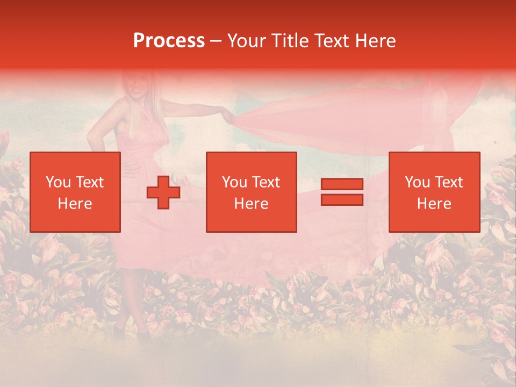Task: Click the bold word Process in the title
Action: [169, 41]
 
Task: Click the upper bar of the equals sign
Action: [342, 184]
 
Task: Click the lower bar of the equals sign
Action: [342, 200]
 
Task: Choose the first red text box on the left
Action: [75, 192]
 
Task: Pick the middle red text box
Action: [251, 192]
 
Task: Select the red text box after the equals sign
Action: [434, 192]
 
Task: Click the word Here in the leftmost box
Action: [75, 204]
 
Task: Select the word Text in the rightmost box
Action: [449, 182]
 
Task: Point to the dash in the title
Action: [216, 41]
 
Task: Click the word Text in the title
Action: [333, 41]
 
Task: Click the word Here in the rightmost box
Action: [434, 204]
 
